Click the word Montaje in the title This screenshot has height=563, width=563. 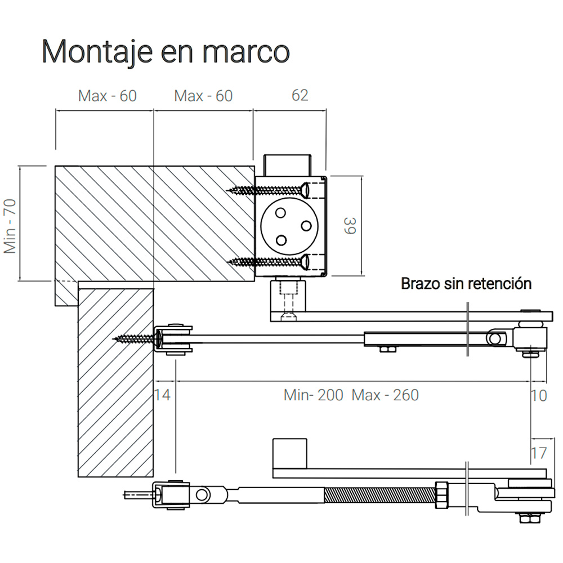click(x=96, y=52)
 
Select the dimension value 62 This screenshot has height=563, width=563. click(x=300, y=95)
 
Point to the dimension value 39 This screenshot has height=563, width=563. click(x=350, y=226)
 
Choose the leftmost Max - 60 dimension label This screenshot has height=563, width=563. click(x=107, y=96)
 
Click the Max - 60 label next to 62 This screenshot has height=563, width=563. click(x=203, y=96)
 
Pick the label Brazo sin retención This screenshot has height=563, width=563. click(x=466, y=283)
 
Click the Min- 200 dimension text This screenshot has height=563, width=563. click(x=313, y=395)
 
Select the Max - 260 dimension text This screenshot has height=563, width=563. click(x=386, y=395)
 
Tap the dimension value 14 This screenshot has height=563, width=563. click(x=162, y=395)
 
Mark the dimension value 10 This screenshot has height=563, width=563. click(x=539, y=395)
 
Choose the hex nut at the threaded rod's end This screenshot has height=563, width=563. click(x=443, y=493)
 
